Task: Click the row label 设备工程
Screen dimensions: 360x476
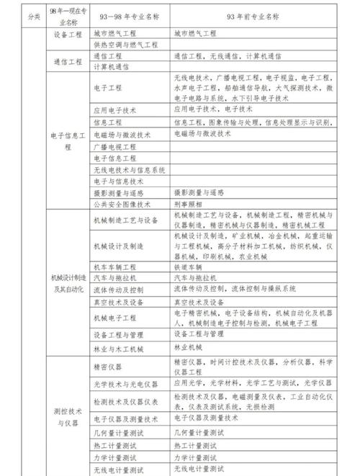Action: [69, 34]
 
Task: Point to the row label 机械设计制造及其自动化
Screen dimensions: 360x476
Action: [69, 283]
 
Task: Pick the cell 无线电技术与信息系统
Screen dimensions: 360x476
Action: [130, 170]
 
